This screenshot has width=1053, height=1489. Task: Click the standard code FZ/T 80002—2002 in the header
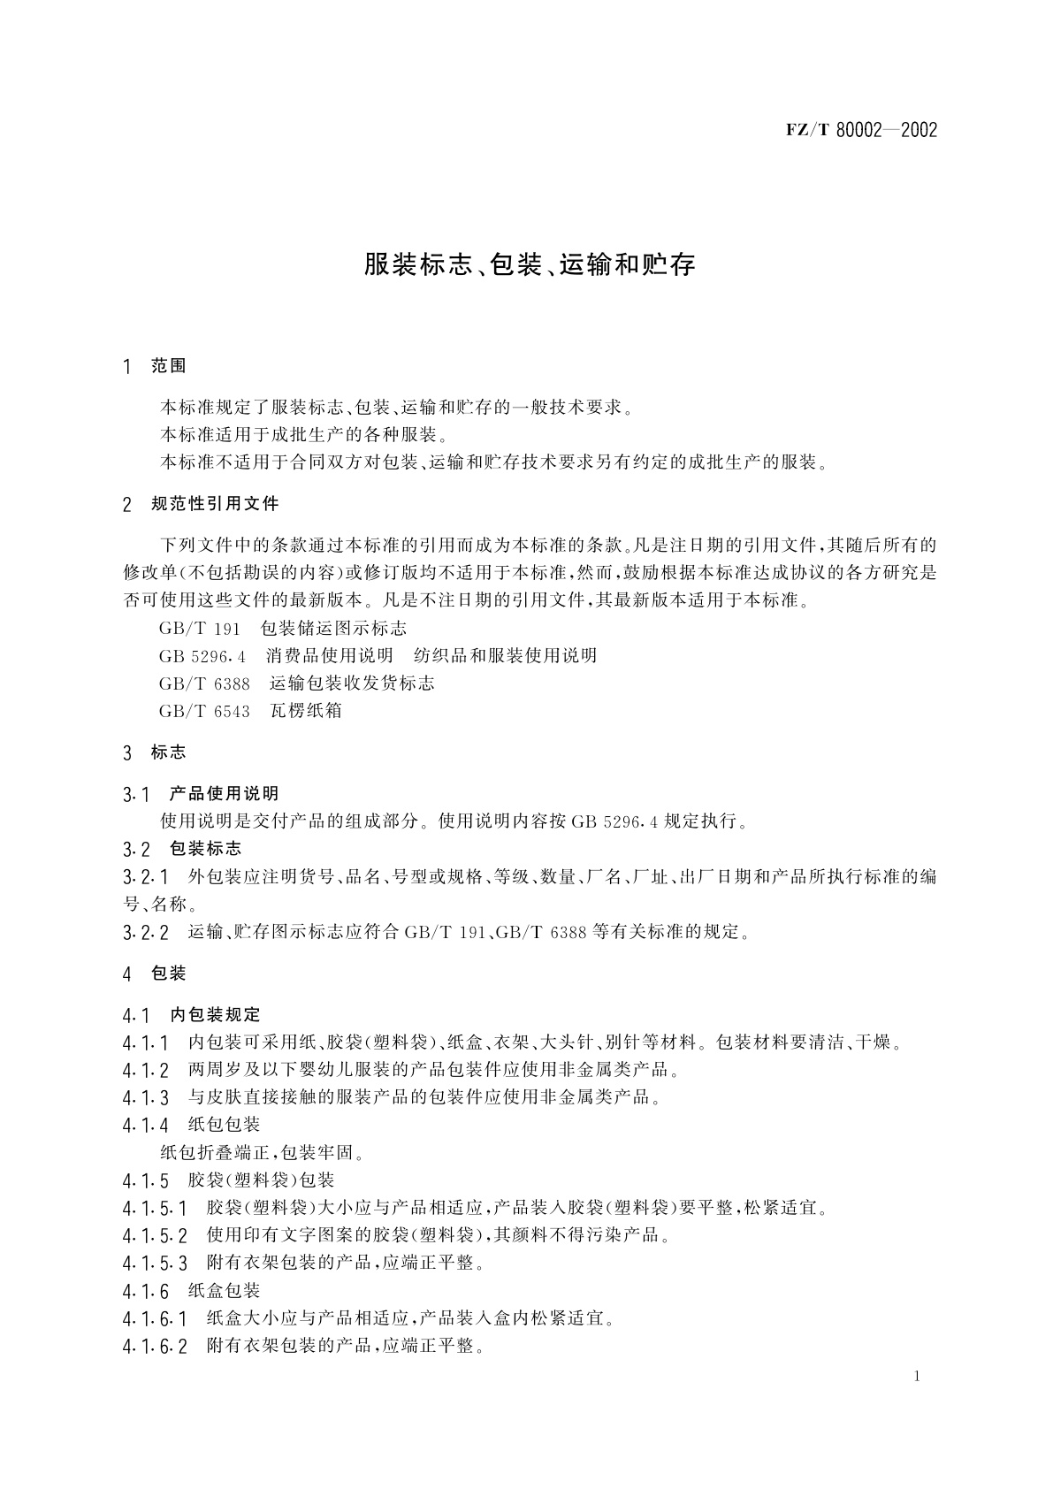click(860, 131)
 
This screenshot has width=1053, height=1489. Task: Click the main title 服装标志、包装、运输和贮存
click(530, 264)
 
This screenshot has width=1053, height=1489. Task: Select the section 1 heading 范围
click(169, 366)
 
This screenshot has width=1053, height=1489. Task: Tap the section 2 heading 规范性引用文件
click(215, 504)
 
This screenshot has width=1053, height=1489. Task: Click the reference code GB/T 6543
click(204, 711)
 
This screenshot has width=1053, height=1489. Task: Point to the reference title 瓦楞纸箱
click(306, 711)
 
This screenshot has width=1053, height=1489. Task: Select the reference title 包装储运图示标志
click(333, 629)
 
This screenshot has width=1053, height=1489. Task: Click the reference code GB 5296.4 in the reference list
click(202, 656)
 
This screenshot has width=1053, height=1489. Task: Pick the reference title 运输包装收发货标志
click(352, 683)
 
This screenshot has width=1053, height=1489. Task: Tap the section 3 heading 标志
click(169, 752)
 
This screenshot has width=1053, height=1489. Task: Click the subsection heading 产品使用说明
click(224, 794)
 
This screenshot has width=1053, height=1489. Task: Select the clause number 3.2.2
click(146, 932)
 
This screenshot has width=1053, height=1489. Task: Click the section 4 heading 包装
click(169, 974)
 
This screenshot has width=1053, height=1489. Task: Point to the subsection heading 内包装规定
click(215, 1015)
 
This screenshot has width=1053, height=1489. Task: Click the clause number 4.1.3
click(146, 1098)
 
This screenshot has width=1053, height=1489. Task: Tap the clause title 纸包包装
click(224, 1126)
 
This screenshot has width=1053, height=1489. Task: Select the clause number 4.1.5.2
click(155, 1236)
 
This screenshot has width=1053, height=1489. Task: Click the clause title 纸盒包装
click(224, 1291)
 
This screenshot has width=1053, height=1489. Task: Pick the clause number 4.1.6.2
click(155, 1347)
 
